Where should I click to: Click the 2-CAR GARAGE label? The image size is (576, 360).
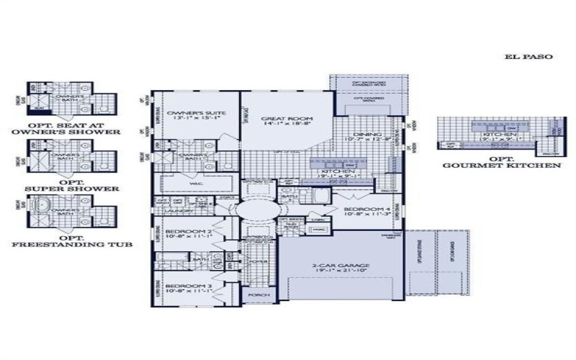(x=341, y=266)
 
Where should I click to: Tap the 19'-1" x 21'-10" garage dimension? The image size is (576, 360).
(x=341, y=273)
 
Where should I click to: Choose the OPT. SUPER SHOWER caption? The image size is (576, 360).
(x=71, y=185)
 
